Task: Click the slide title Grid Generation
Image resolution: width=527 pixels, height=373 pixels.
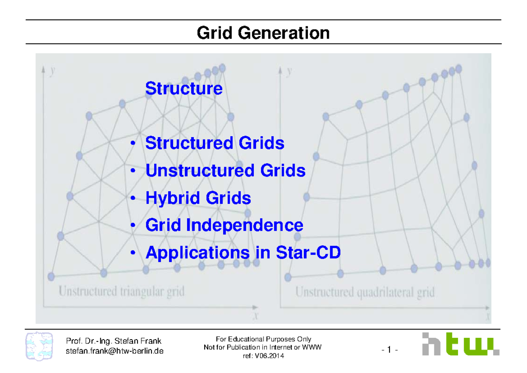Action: tap(263, 33)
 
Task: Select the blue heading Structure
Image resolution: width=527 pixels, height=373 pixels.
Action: tap(184, 88)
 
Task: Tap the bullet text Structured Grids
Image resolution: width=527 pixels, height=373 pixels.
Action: tap(215, 143)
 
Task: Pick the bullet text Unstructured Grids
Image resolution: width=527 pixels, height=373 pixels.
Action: tap(225, 170)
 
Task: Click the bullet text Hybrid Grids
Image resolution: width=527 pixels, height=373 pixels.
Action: tap(198, 198)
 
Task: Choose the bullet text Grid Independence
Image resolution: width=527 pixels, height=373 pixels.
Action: tap(224, 225)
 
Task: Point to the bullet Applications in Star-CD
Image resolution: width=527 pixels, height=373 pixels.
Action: tap(243, 253)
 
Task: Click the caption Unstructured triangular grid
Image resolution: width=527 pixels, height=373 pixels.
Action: tap(122, 291)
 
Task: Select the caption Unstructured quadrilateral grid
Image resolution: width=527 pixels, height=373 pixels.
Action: tap(365, 292)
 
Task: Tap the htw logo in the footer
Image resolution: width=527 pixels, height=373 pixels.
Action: tap(460, 344)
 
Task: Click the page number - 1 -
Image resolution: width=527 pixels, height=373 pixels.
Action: tap(390, 350)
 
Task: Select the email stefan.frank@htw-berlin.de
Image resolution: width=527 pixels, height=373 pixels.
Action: tap(114, 351)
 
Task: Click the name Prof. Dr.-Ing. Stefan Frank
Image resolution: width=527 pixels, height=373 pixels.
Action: tap(113, 341)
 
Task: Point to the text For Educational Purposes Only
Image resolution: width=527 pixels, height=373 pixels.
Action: tap(263, 339)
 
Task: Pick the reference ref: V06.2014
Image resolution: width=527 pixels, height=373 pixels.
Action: tap(263, 356)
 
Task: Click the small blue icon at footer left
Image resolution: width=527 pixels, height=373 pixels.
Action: tap(40, 346)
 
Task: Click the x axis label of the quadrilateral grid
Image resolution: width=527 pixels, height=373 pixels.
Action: tap(488, 316)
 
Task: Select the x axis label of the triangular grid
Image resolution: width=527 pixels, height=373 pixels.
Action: tap(255, 315)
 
